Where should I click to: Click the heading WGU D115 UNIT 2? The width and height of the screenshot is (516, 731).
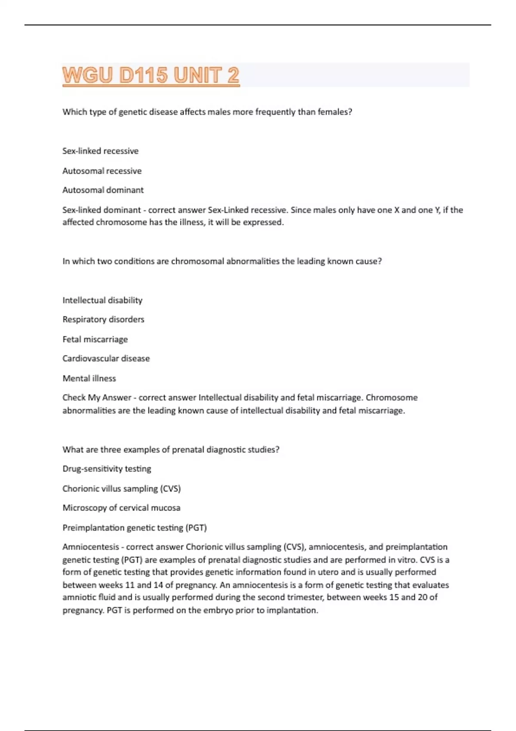pos(150,76)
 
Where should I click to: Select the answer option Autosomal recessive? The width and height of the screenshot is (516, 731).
pos(102,171)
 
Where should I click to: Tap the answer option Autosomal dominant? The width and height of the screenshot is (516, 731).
pos(103,190)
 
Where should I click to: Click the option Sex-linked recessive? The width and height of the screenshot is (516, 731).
pos(100,151)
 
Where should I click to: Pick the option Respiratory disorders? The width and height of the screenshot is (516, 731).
pos(103,319)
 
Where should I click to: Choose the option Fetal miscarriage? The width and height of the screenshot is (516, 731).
pos(95,339)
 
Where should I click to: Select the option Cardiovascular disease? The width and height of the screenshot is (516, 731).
pos(106,359)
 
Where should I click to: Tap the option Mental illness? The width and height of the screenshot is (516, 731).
pos(89,378)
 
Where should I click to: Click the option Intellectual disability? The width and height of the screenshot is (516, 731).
pos(102,300)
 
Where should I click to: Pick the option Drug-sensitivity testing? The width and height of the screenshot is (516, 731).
pos(107,469)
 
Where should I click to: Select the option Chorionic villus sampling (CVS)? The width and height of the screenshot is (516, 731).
pos(121,488)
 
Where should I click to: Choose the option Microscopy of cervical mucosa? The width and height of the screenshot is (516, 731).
pos(121,508)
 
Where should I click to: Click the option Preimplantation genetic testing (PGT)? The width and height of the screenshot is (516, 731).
pos(135,528)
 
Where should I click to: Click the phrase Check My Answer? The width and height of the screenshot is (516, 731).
pos(97,398)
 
